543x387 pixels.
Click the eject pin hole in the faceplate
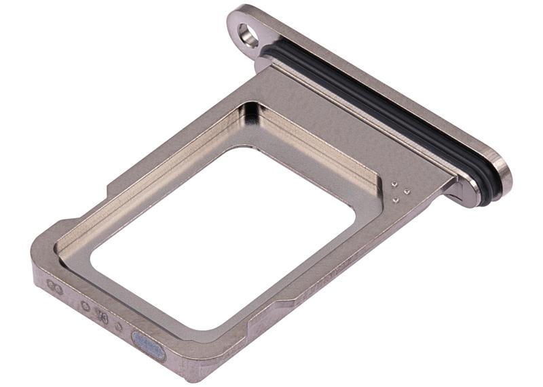[x=248, y=34]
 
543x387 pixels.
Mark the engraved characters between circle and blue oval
[x=102, y=315]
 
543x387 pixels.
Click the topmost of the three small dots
[x=394, y=183]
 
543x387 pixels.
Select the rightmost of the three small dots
[x=406, y=191]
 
